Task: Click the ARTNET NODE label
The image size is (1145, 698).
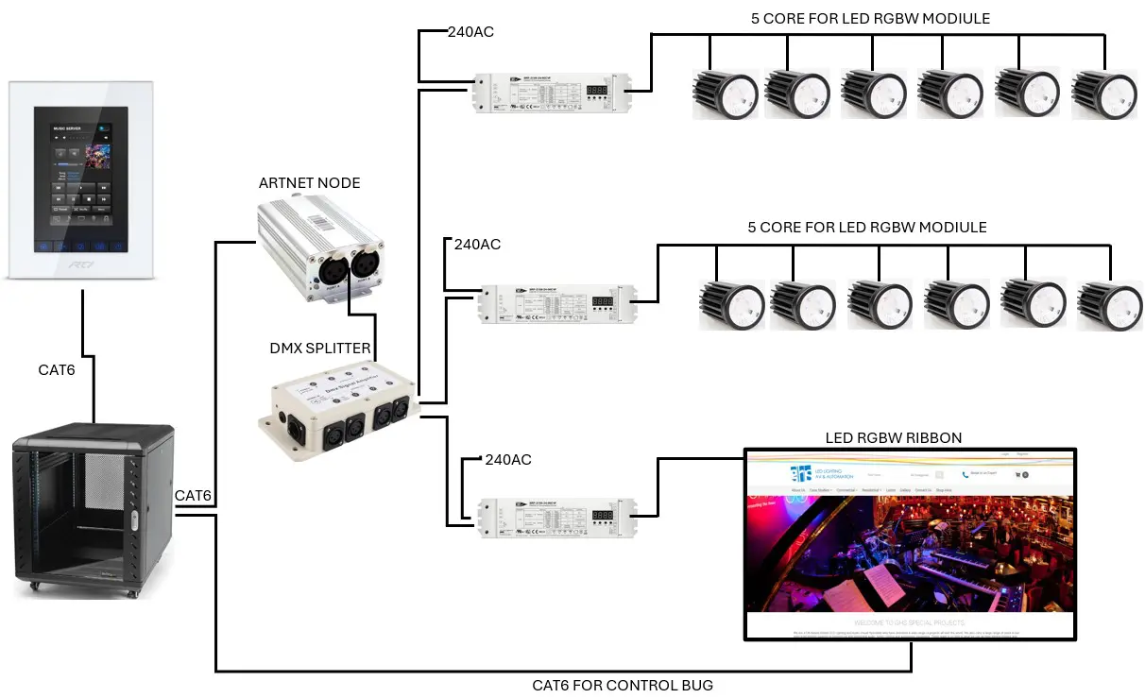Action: click(309, 182)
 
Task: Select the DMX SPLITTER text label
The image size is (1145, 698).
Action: click(320, 349)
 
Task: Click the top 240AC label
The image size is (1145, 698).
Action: click(470, 32)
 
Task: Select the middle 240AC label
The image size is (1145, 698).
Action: click(477, 244)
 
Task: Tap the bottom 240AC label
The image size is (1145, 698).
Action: click(507, 460)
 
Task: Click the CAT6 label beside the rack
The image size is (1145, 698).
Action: click(193, 496)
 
